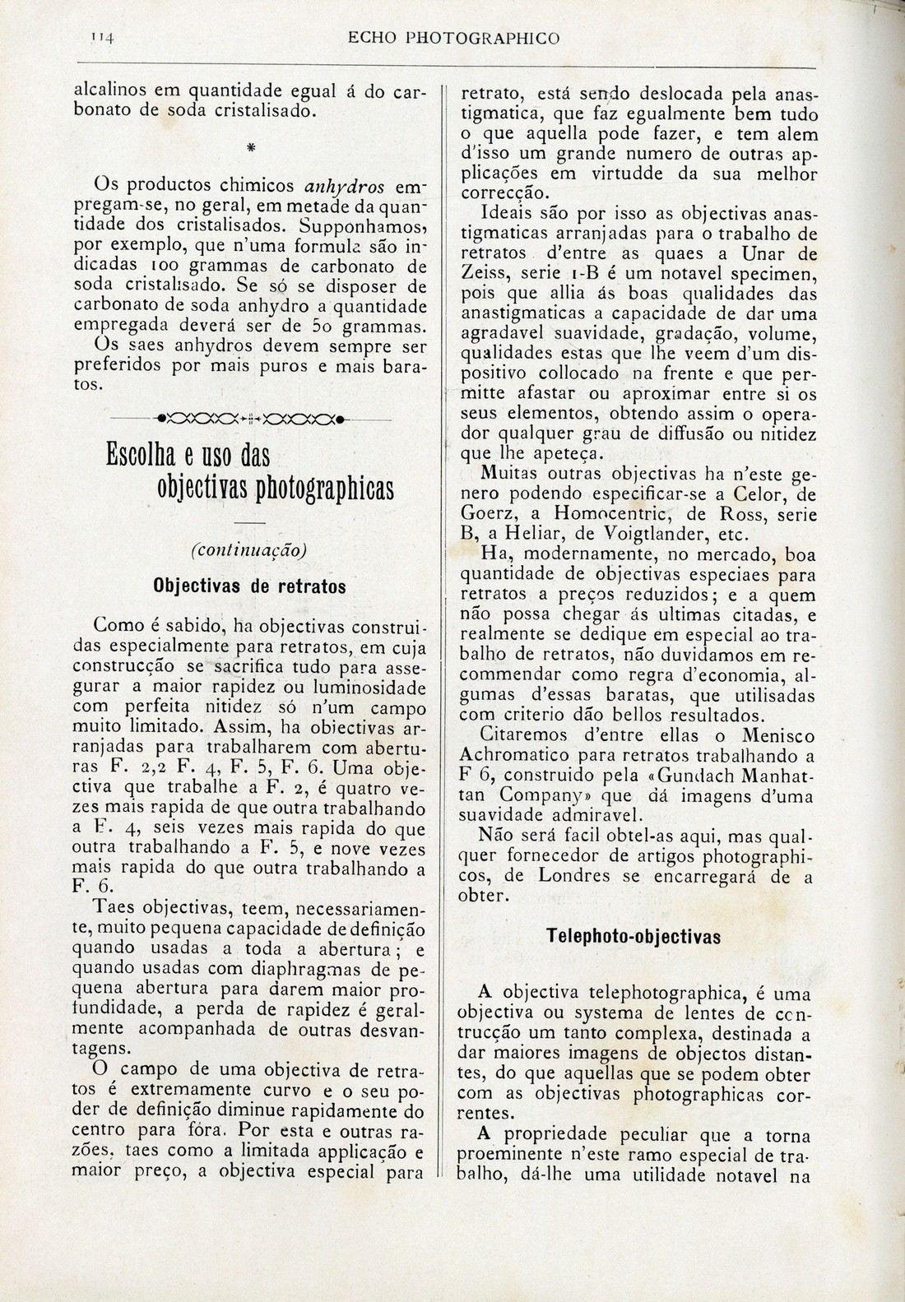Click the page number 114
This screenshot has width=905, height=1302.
(102, 37)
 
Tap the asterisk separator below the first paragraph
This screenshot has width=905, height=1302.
(249, 147)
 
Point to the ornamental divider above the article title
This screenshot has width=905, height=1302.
(249, 419)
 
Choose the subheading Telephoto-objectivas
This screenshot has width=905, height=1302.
(633, 938)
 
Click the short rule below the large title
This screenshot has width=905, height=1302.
(249, 523)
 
